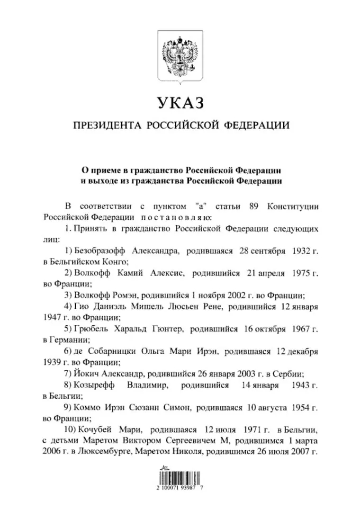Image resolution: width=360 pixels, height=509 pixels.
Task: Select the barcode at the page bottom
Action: (x=180, y=475)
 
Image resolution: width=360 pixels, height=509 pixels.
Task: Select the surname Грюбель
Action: (x=89, y=328)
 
